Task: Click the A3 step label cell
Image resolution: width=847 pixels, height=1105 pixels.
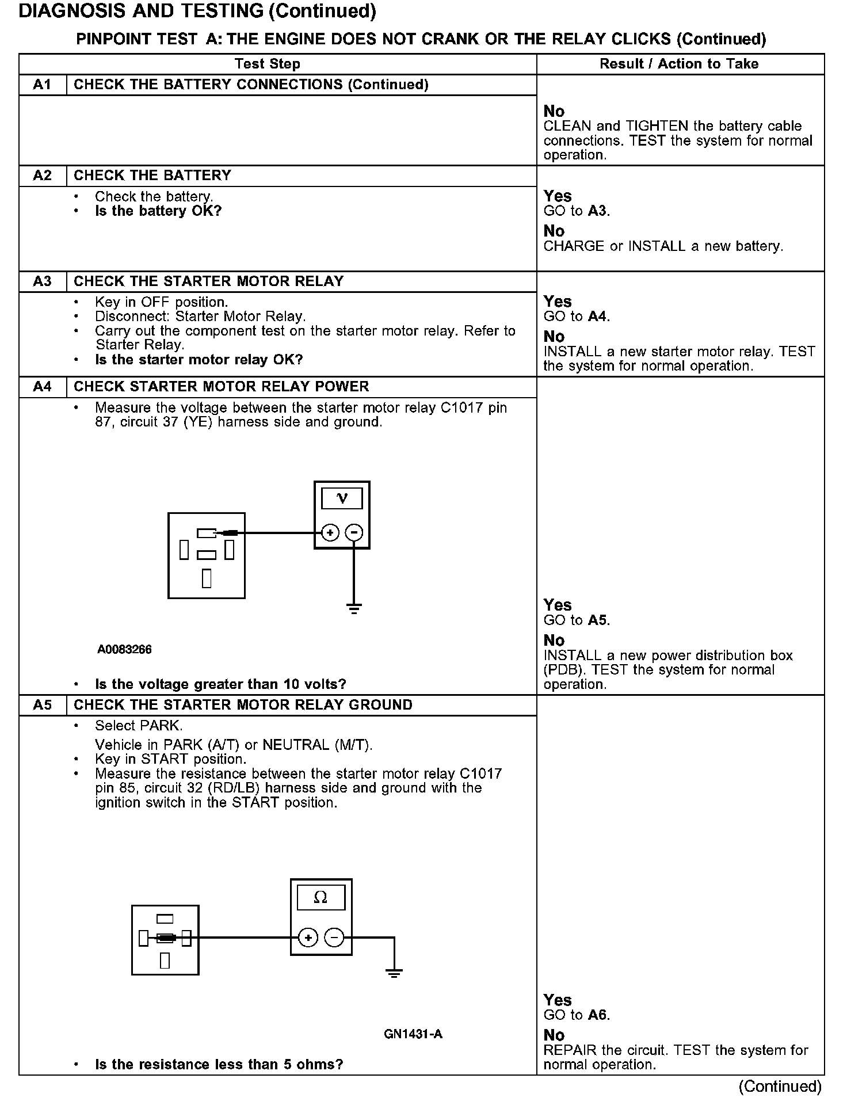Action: point(43,281)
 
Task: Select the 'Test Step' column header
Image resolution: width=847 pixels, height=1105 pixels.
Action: point(268,64)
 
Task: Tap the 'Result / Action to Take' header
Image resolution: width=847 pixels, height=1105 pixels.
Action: point(679,64)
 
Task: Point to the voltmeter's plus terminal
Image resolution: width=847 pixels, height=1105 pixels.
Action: point(330,533)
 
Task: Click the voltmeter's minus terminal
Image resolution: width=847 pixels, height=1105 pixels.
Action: point(354,533)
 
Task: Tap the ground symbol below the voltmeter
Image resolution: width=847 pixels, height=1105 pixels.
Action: point(354,608)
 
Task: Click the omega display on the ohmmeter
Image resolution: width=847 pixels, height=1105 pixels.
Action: point(321,897)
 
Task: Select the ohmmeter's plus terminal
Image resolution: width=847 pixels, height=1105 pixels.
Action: point(308,938)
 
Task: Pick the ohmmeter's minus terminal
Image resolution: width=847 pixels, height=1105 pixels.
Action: point(334,938)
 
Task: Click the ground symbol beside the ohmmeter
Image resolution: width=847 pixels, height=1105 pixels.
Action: point(394,973)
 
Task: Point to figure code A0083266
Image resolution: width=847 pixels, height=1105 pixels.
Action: point(124,650)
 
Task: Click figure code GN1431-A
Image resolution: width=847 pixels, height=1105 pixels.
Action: point(413,1034)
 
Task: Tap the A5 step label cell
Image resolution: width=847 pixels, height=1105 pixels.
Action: point(43,705)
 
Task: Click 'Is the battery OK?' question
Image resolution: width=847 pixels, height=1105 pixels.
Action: point(158,211)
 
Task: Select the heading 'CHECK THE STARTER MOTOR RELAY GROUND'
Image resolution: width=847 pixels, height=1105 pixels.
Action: point(243,705)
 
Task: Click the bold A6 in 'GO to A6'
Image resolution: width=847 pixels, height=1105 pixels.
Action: point(598,1015)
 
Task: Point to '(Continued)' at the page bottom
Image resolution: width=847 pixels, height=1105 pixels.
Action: point(780,1086)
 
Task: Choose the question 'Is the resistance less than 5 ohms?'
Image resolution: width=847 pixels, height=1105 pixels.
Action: point(219,1065)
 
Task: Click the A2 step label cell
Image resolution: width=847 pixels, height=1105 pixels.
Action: point(43,176)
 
